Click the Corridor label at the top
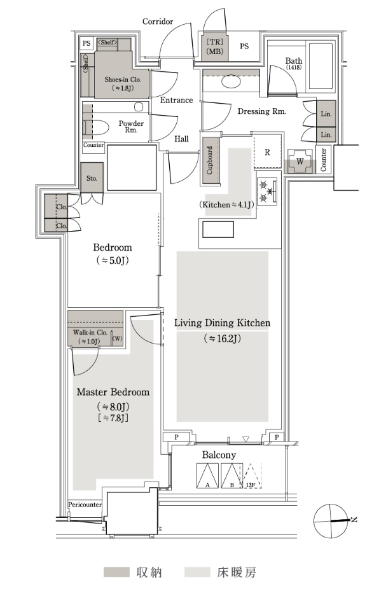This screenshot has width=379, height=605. pos(158,22)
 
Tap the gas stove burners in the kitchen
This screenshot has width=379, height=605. pos(267,191)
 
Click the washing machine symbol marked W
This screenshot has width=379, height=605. pos(300,162)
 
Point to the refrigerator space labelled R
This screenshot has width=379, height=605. pos(267,153)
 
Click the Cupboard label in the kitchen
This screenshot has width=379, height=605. pos(210,160)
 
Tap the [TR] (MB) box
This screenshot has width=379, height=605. pos(215,46)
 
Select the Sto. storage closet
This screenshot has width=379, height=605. pos(92,178)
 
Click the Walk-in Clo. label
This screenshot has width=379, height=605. pos(90,332)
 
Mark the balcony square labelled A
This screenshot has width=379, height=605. pos(207,476)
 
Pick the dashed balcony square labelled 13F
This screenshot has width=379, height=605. pos(252,476)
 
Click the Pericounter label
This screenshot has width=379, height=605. pos(85,504)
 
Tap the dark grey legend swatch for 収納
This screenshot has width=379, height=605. pos(116,572)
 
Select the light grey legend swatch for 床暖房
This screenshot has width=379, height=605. pos(197,572)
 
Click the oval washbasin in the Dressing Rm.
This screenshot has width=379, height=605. pos(231,81)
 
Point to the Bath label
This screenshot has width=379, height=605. pos(294,60)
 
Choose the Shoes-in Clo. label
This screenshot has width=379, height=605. pos(123,80)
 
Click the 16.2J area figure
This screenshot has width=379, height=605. pos(223,338)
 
